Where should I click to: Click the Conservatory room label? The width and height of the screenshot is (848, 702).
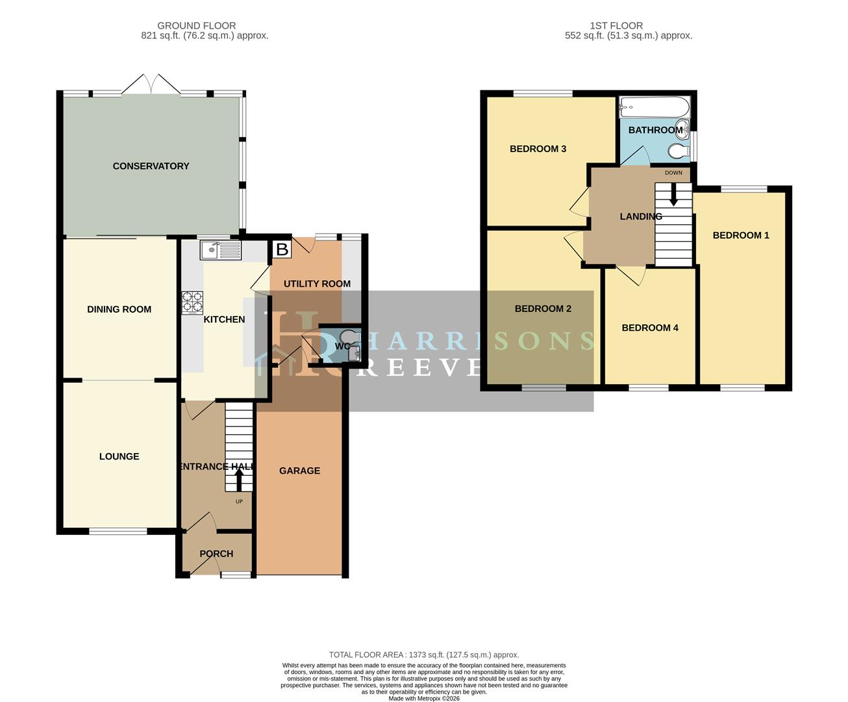(151, 166)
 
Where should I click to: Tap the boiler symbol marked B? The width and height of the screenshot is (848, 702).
(282, 249)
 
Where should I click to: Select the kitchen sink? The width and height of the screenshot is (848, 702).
(221, 250)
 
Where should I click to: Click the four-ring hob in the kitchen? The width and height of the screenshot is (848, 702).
(192, 302)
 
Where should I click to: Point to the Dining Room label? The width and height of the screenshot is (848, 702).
(119, 309)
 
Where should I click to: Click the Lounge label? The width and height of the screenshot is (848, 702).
(119, 456)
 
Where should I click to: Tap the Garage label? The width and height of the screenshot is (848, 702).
(299, 471)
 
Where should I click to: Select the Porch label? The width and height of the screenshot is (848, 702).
(216, 554)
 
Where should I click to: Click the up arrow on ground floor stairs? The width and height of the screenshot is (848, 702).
(238, 480)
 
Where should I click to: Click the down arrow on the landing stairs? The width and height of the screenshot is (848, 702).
(673, 194)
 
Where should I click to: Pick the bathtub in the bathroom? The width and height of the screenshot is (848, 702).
(654, 107)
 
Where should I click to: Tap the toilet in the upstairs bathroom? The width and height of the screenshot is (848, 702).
(678, 151)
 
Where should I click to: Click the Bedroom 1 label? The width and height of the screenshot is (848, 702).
(741, 235)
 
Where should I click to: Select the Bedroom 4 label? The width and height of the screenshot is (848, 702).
(650, 328)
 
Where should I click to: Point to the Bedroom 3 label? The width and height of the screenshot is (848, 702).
(538, 149)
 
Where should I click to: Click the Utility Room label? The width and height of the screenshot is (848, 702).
(317, 283)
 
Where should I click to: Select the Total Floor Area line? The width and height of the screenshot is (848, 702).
(424, 655)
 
